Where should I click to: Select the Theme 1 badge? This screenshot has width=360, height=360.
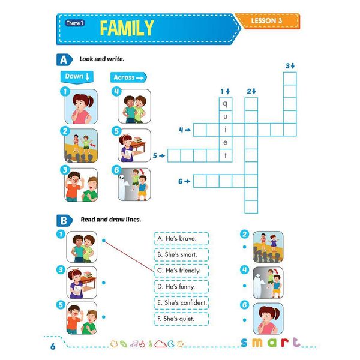pos(75,23)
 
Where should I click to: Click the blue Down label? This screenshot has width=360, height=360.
pos(78,77)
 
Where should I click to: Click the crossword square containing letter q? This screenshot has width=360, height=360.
pos(226,103)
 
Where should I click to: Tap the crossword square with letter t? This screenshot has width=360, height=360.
pos(226,155)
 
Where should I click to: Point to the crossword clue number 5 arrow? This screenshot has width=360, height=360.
pos(158,155)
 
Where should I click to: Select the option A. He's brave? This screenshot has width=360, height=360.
pos(181,238)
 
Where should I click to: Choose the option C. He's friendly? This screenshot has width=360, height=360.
pos(181,271)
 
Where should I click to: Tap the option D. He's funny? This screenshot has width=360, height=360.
pos(181,287)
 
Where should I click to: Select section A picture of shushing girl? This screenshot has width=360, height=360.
pos(80,106)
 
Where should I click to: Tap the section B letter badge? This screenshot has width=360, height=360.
pos(62,220)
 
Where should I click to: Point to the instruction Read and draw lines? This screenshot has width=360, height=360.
pos(110,220)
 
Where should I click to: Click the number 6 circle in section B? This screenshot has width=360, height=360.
pos(244,305)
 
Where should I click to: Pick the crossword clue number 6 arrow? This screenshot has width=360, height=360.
pos(184,181)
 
